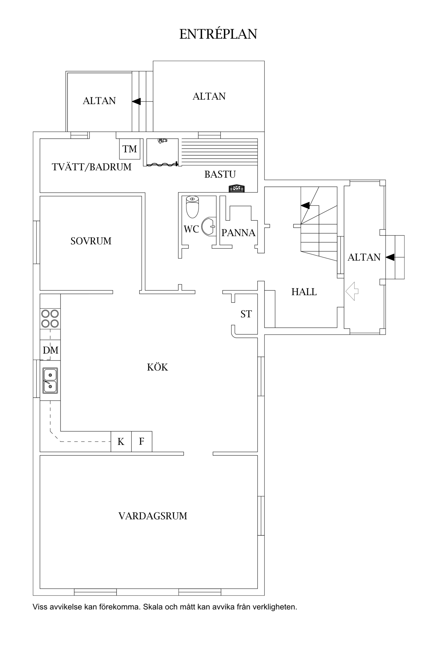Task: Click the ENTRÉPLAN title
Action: click(x=218, y=34)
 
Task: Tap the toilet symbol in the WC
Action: click(x=192, y=207)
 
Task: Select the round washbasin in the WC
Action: click(x=209, y=226)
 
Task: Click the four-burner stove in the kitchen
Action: click(x=50, y=318)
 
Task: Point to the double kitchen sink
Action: click(x=50, y=380)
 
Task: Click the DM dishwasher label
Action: click(x=50, y=350)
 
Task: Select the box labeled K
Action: click(x=121, y=441)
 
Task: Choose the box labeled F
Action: click(x=142, y=441)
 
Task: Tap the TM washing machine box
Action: click(x=130, y=149)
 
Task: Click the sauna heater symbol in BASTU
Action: click(x=237, y=189)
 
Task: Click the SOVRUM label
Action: click(x=91, y=241)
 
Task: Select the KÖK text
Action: click(x=157, y=367)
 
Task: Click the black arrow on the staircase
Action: click(x=305, y=206)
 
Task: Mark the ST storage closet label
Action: click(x=246, y=314)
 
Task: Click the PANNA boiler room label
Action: click(x=238, y=233)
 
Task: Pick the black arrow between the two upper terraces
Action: click(x=136, y=101)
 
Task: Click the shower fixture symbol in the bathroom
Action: click(x=162, y=141)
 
